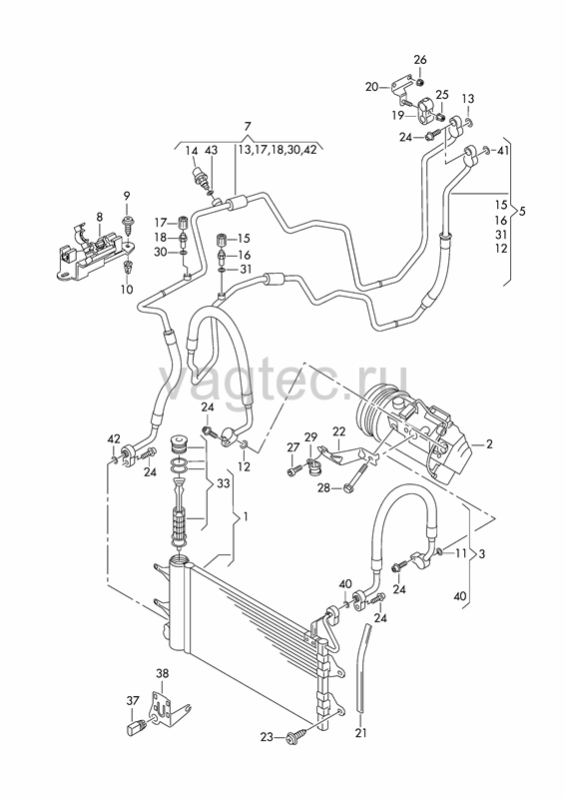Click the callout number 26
(420, 60)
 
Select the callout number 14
(191, 151)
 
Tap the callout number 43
(211, 151)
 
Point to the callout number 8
(100, 216)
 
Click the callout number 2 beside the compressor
(489, 443)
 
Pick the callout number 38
(162, 673)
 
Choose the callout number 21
(360, 733)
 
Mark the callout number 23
(268, 737)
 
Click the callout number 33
(224, 483)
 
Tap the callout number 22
(338, 431)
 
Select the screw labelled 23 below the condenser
(296, 736)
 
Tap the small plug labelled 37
(136, 726)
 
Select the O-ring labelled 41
(487, 150)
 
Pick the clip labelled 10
(127, 267)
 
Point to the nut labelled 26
(419, 82)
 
